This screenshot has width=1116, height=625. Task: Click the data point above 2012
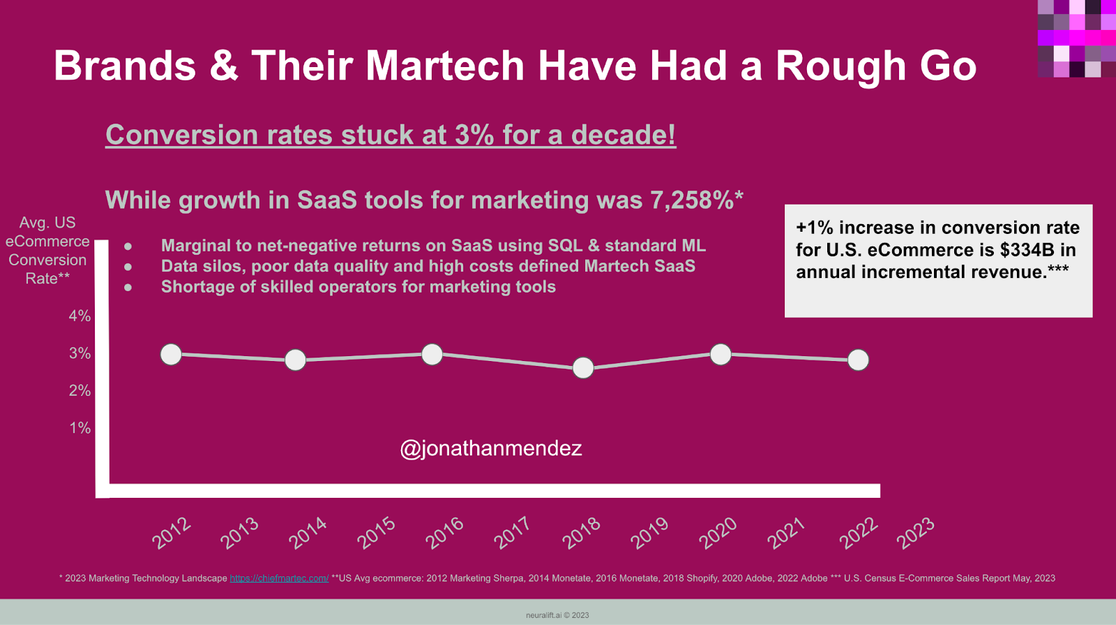171,355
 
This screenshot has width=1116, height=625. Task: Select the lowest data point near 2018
583,367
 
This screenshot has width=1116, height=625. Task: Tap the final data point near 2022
858,360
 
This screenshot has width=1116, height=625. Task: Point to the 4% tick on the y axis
80,316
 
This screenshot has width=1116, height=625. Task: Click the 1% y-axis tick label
80,428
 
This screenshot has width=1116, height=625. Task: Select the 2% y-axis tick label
80,391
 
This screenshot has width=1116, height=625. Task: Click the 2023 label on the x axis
914,533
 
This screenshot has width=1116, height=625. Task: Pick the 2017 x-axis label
512,533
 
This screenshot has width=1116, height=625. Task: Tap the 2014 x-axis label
308,533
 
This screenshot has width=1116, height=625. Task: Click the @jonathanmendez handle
490,448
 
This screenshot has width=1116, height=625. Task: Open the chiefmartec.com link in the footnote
279,578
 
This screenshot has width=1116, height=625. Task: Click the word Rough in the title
841,66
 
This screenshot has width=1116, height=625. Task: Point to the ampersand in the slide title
223,66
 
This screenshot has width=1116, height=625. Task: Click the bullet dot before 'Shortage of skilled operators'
128,287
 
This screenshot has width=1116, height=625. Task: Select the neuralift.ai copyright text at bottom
557,615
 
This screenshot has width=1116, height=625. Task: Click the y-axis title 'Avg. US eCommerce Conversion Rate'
47,250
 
